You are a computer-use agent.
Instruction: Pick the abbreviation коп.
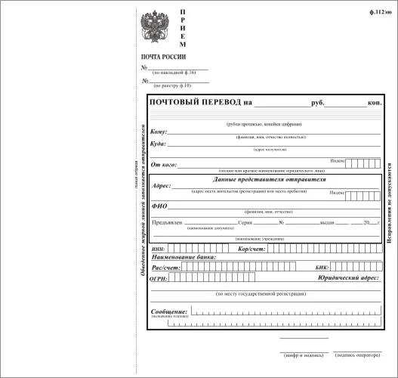click(374, 102)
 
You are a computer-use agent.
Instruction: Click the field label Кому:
click(159, 132)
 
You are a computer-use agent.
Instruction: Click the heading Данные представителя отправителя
click(261, 178)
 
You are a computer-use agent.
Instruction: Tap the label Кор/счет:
click(251, 249)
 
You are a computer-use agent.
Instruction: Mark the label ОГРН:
click(159, 277)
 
